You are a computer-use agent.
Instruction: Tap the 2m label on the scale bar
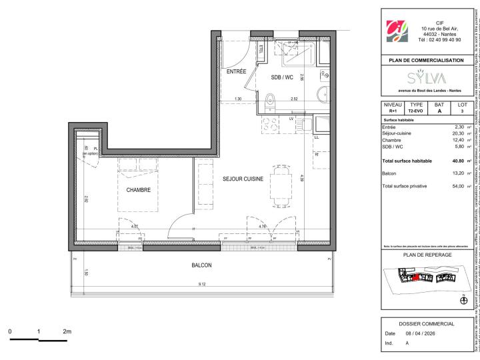[67, 331]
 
